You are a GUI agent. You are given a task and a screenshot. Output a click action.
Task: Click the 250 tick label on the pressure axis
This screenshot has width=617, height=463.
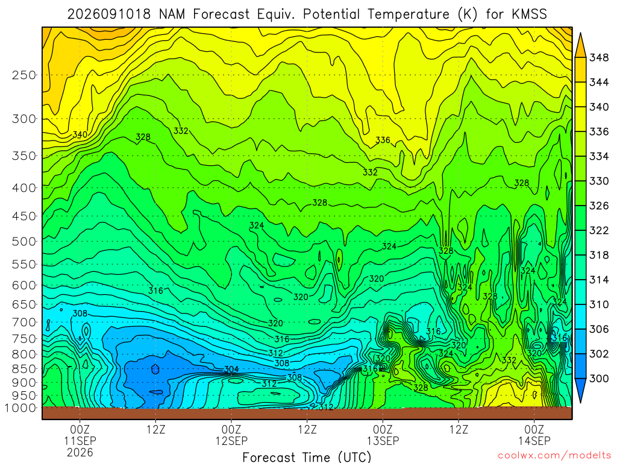coord(24,75)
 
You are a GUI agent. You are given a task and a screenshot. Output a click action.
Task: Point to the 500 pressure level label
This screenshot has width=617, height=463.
coord(24,241)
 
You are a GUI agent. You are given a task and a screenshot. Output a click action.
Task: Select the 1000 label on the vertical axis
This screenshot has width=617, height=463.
coord(20,408)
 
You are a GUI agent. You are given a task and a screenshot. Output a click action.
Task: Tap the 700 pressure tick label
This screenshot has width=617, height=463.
coord(24,322)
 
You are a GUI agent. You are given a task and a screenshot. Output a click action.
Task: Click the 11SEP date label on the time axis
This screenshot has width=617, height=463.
coord(80,441)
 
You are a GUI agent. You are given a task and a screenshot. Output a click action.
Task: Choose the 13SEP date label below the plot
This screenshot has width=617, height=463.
coord(383,441)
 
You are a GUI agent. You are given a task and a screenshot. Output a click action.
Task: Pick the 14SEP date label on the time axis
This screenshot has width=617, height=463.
coord(534,441)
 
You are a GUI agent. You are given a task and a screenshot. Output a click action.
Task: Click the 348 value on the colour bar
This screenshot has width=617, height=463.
coord(598,58)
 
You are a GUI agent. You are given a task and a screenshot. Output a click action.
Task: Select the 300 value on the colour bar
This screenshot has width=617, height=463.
coord(598,379)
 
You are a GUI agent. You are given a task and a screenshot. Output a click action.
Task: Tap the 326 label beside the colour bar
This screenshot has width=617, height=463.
coord(598,206)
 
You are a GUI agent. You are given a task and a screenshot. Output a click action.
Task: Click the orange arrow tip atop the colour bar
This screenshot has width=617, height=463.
coord(580,34)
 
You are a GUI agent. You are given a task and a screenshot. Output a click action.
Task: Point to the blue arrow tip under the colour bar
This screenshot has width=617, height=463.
coord(580,402)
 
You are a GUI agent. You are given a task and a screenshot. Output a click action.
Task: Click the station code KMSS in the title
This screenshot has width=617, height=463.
coord(529,14)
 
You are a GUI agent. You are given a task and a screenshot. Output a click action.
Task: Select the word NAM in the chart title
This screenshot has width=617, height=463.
coord(172,14)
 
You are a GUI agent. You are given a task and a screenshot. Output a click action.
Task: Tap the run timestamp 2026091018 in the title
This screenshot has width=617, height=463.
coord(109,14)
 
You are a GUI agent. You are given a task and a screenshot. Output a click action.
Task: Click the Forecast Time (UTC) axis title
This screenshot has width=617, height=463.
coord(307,457)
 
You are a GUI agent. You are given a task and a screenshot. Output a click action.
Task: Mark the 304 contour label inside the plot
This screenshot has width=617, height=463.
coord(231,370)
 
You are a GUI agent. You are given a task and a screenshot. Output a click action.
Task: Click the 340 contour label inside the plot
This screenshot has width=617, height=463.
coord(80,134)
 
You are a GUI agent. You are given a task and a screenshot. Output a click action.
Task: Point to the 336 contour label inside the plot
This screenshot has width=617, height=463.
coord(383,140)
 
